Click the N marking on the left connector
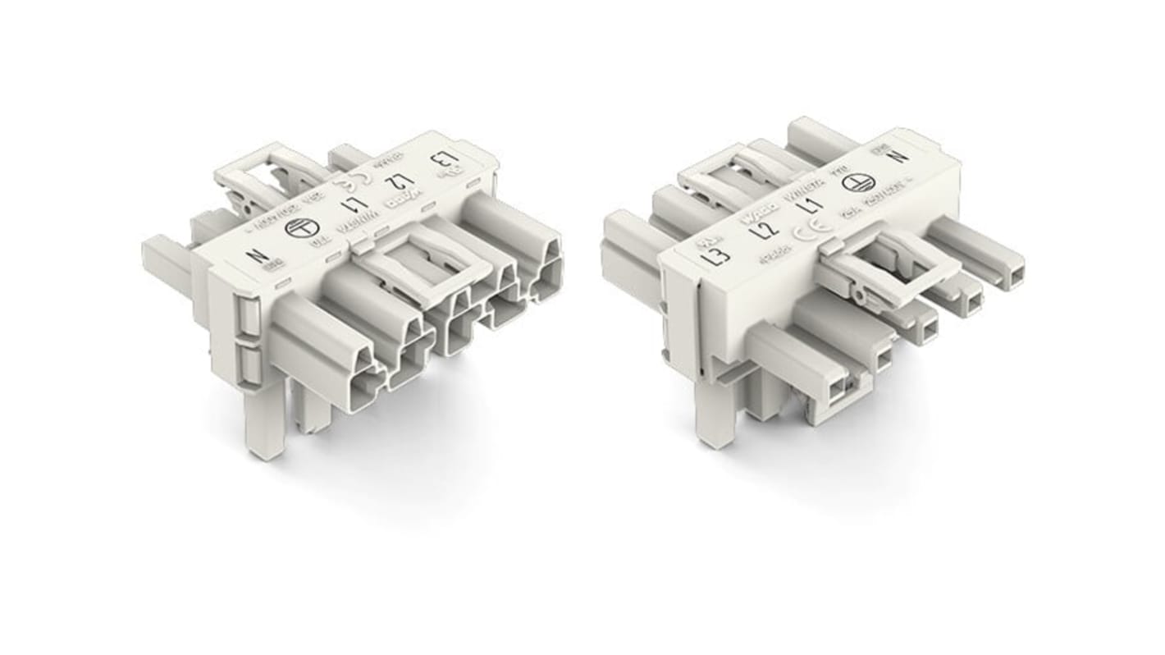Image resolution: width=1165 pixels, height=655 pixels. [x=260, y=258]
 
